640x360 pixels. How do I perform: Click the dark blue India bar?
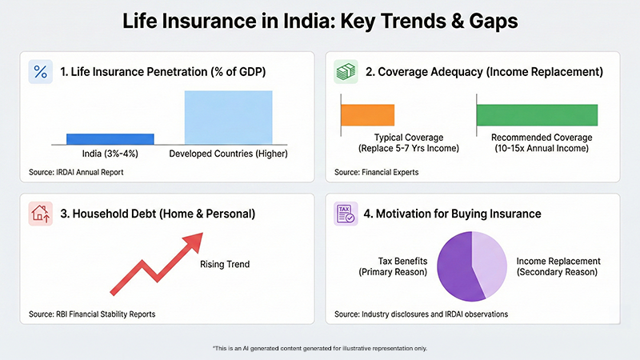[110, 138]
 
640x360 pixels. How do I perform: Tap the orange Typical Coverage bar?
[368, 115]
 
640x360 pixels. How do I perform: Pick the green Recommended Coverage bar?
[537, 115]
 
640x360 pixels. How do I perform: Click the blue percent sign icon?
[40, 72]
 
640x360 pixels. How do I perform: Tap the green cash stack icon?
[345, 72]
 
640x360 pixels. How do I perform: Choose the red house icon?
[40, 214]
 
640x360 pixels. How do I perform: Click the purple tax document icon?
[345, 214]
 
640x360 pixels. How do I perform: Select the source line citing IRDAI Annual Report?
[78, 172]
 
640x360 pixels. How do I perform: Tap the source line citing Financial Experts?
[377, 172]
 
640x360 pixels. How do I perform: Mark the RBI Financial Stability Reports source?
[92, 314]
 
